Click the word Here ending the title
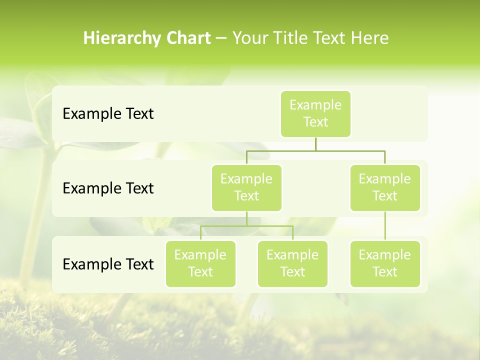click(x=369, y=38)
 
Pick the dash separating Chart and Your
click(x=221, y=38)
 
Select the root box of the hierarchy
click(x=315, y=113)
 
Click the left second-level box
click(x=246, y=187)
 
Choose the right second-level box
click(x=385, y=187)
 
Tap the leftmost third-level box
click(x=200, y=263)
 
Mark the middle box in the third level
click(x=292, y=263)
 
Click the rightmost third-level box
click(x=385, y=263)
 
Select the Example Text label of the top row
click(x=108, y=114)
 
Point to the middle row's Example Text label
click(x=108, y=188)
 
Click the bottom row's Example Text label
click(x=108, y=264)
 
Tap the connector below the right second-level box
click(x=385, y=226)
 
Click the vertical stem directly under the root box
click(x=315, y=144)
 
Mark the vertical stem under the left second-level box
click(x=246, y=218)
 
